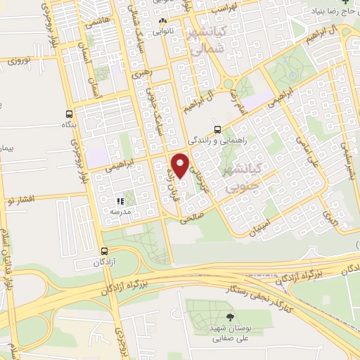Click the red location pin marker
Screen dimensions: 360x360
click(181, 165)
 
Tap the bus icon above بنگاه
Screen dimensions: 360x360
click(69, 115)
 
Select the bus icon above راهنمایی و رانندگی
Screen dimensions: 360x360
click(217, 129)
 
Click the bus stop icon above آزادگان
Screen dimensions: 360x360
click(104, 251)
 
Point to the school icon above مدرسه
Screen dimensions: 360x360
click(119, 202)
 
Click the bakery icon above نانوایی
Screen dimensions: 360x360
click(163, 20)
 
